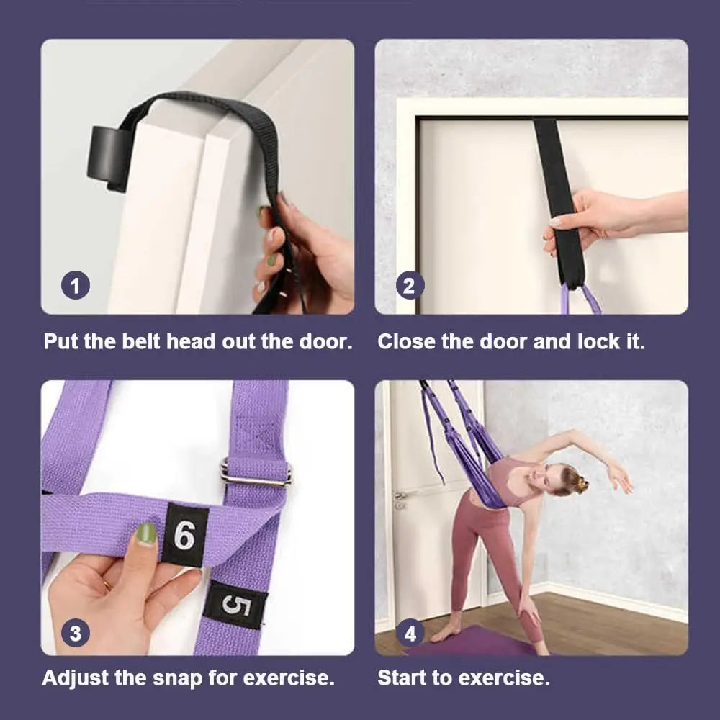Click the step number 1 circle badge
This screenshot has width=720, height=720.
coord(76,287)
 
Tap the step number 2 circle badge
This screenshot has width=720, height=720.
coord(410,287)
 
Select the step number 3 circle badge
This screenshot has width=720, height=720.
coord(76,634)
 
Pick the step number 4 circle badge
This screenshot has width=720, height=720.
coord(410,634)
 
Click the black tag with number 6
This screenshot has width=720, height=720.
coord(184,535)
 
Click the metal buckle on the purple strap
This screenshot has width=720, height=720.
coord(256,473)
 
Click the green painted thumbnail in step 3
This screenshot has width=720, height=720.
coord(146,533)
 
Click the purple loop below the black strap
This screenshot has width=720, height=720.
coord(581,300)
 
